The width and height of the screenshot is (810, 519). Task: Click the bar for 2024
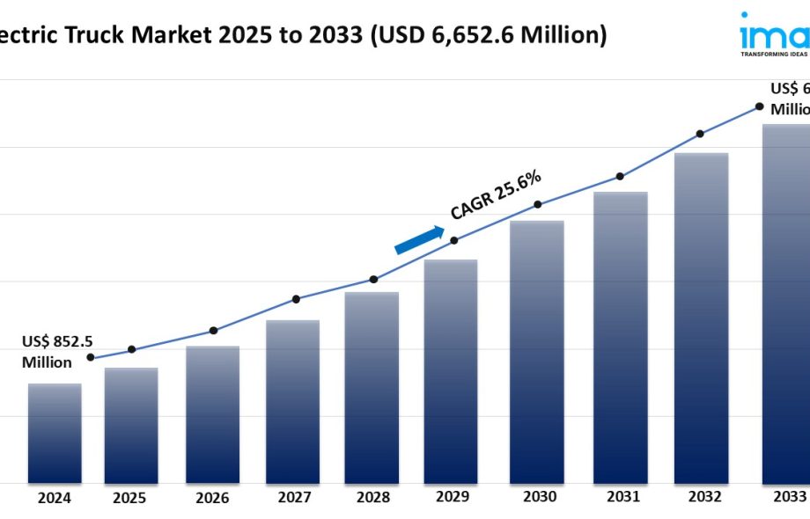tap(55, 433)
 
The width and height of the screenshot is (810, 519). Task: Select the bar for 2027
tap(292, 401)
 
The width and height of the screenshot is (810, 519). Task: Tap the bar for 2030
tap(538, 352)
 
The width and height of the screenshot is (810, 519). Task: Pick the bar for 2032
tap(701, 318)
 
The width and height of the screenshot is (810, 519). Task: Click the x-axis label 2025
tap(129, 498)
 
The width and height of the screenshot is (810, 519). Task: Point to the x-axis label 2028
tap(373, 498)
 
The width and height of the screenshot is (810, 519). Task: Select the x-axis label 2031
tap(622, 497)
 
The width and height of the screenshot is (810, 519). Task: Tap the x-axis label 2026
tap(212, 498)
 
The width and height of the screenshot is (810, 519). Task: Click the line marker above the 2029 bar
tap(454, 240)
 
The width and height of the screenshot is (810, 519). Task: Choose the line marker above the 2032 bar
tap(700, 134)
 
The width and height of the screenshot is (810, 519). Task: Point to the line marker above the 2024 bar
tap(90, 357)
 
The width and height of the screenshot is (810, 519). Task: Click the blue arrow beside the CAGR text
tap(420, 240)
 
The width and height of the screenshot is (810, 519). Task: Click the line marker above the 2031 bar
tap(620, 176)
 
